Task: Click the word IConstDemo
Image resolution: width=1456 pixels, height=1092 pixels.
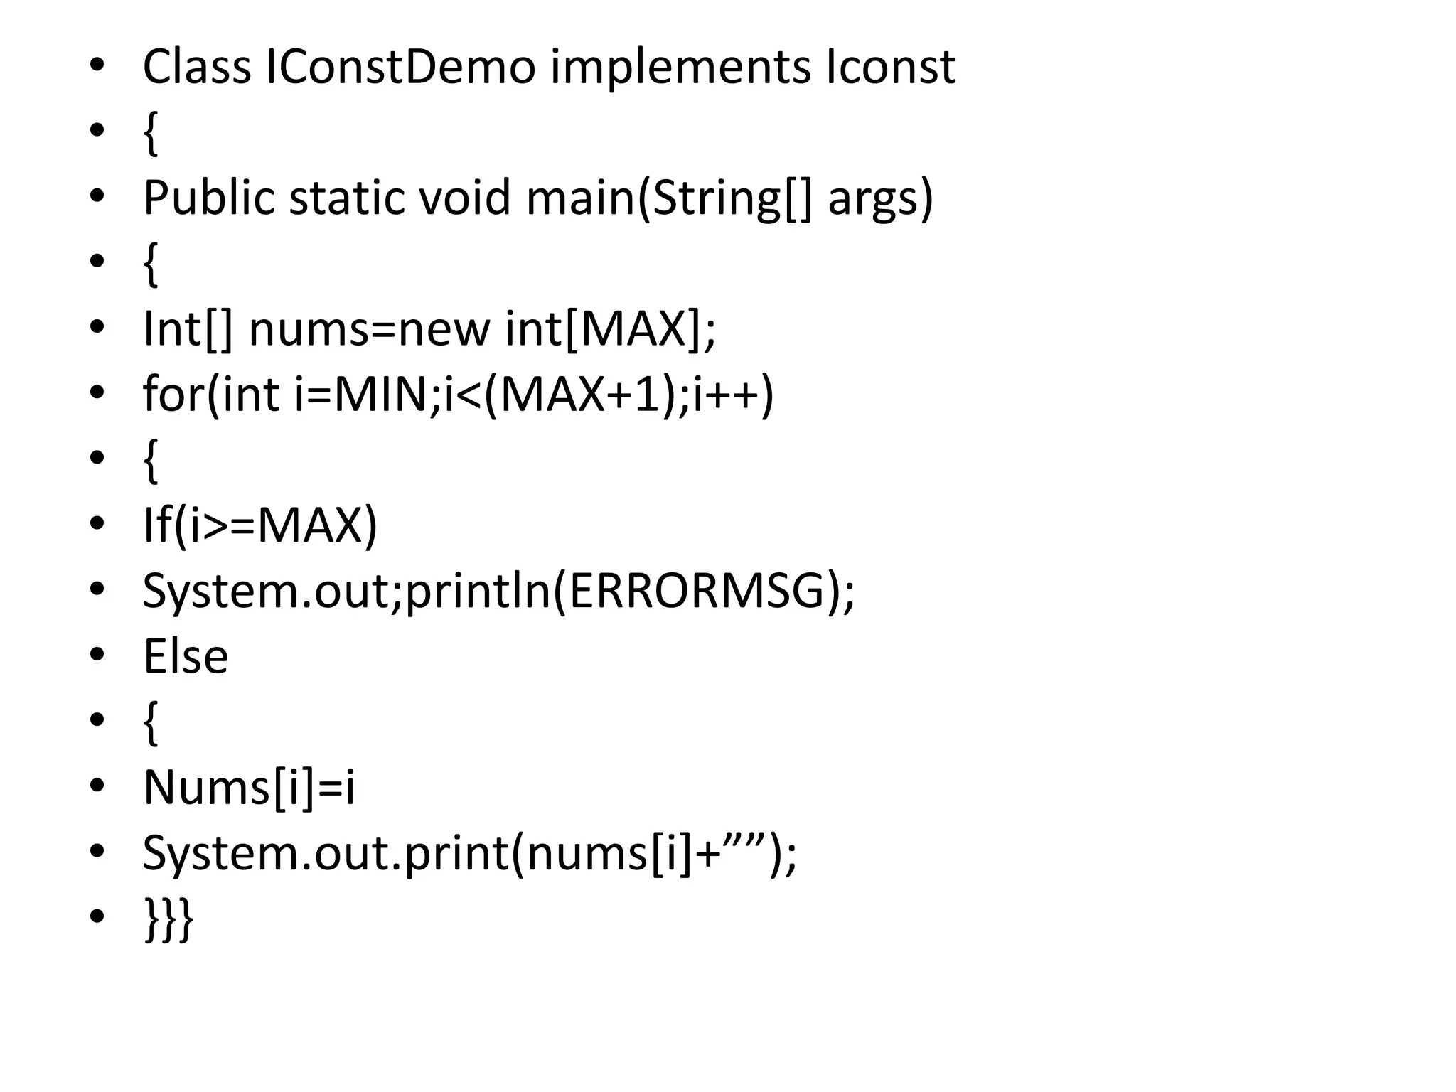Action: [400, 68]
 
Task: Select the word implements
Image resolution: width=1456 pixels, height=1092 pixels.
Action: [680, 68]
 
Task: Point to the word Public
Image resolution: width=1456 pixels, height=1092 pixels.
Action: [208, 198]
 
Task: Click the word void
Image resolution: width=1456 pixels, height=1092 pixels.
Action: [464, 198]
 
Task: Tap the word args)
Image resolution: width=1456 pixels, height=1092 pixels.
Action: [880, 199]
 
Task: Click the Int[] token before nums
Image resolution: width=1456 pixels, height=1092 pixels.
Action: [188, 329]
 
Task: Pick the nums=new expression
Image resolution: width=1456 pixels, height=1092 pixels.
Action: [369, 329]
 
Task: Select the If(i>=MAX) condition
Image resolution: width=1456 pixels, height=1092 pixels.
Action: [260, 526]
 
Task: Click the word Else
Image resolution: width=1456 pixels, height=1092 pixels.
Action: [186, 656]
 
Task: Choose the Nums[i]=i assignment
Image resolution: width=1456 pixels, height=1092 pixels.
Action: [249, 788]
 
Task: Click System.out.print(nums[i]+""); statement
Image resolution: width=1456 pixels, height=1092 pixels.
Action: [470, 853]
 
